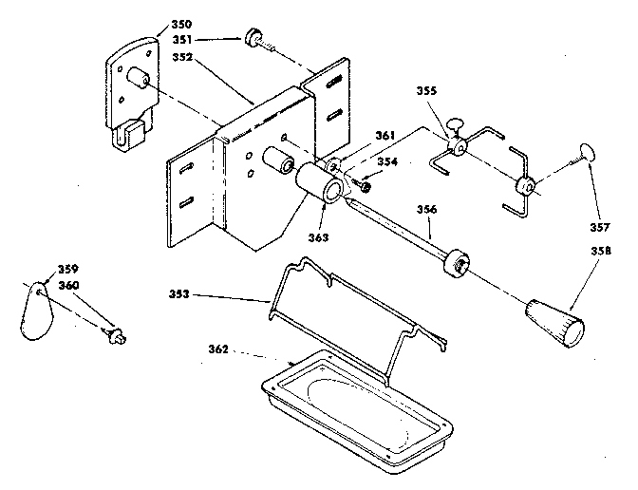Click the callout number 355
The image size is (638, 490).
(x=428, y=92)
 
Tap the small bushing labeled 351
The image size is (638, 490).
(x=254, y=39)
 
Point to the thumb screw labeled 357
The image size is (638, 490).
(x=586, y=152)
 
